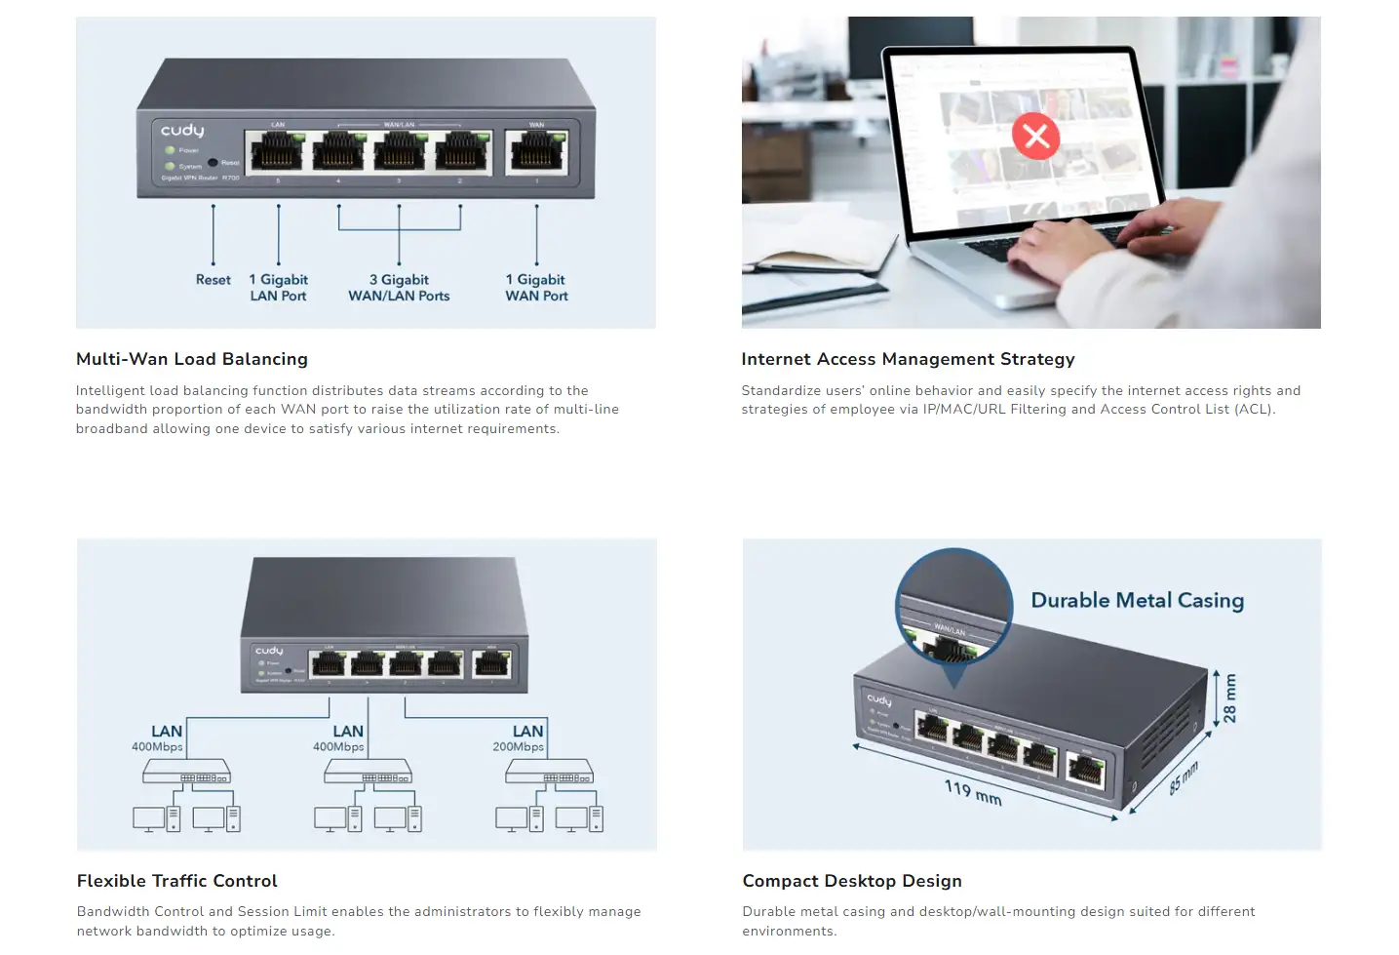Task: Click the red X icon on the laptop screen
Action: point(1035,136)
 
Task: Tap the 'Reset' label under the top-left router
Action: point(213,280)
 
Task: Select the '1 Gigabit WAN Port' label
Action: point(536,288)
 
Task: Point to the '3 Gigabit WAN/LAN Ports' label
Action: point(399,288)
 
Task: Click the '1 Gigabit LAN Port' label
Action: point(278,288)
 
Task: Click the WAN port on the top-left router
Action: point(536,151)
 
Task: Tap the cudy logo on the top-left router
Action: point(182,130)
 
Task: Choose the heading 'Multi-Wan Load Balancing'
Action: point(192,359)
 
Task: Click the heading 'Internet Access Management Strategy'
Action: point(908,359)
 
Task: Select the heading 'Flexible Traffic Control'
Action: point(177,881)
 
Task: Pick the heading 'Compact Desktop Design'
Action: point(852,881)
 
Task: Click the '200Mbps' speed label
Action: point(518,747)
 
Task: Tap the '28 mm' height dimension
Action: point(1229,697)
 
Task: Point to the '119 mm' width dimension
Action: point(972,792)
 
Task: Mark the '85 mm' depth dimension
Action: point(1183,778)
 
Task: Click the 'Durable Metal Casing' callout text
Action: point(1137,600)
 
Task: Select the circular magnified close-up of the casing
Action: point(953,607)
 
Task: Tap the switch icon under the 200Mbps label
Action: point(549,772)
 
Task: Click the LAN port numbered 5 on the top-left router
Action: point(278,152)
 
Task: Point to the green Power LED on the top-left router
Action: point(170,150)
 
